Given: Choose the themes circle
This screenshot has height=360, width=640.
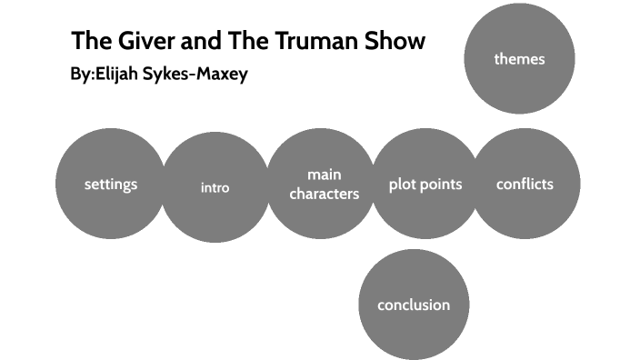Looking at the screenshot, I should tap(519, 59).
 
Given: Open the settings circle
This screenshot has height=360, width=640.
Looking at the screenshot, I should tap(111, 185).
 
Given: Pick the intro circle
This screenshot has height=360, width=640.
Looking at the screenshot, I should tap(215, 188).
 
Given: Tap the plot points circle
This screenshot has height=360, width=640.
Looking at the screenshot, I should tap(425, 185).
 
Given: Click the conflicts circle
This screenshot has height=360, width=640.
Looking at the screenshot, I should tap(525, 185).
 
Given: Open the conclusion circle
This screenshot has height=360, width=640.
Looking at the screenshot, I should tap(414, 305).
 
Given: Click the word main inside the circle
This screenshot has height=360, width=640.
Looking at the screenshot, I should tap(324, 174).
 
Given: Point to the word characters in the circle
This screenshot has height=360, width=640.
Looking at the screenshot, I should tap(325, 194).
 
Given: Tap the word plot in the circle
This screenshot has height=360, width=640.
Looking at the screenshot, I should tap(404, 185).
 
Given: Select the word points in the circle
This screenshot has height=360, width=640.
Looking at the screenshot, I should tap(443, 185).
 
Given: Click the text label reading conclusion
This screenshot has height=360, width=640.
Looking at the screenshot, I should tap(414, 305).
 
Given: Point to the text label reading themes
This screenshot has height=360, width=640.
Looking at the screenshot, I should tap(519, 59).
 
